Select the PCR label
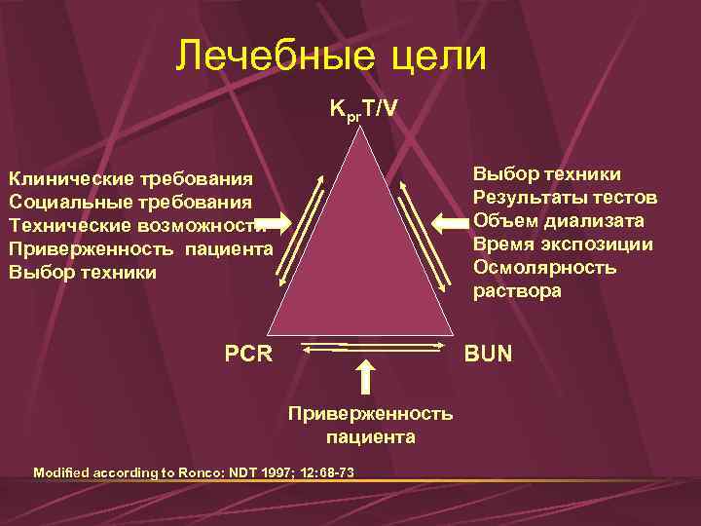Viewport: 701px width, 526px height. (248, 354)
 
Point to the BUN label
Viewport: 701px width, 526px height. (488, 354)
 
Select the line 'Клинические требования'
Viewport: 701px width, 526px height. (131, 178)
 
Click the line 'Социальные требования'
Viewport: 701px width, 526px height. (131, 202)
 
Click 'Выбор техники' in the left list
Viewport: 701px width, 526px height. (82, 272)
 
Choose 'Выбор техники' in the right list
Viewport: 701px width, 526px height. (547, 173)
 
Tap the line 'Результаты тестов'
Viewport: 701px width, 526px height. (565, 197)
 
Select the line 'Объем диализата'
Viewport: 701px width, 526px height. (558, 220)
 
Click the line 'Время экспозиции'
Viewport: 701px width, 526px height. (563, 244)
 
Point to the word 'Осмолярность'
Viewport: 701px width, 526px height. (544, 267)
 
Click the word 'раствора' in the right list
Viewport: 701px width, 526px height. (517, 290)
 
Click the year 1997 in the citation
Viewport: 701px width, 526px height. (277, 472)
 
